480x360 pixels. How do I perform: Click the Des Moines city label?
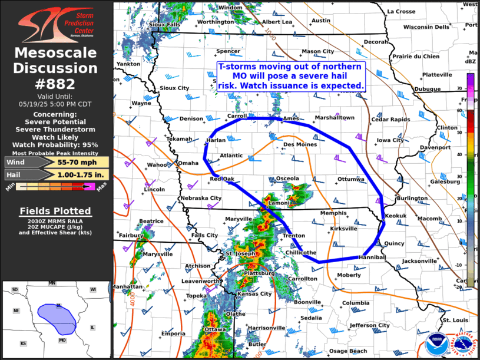pyautogui.click(x=300, y=144)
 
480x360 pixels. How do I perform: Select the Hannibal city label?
pyautogui.click(x=372, y=257)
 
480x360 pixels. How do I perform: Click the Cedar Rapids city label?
pyautogui.click(x=390, y=120)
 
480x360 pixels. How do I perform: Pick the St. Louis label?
pyautogui.click(x=455, y=320)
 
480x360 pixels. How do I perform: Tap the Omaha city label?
pyautogui.click(x=188, y=163)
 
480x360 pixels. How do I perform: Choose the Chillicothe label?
pyautogui.click(x=301, y=252)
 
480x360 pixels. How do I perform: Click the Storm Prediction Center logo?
pyautogui.click(x=56, y=22)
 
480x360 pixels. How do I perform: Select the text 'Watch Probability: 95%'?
pyautogui.click(x=56, y=144)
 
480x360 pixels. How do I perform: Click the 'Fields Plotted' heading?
pyautogui.click(x=55, y=211)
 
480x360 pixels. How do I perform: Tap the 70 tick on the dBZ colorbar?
pyautogui.click(x=475, y=88)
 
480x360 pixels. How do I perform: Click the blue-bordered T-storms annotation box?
pyautogui.click(x=291, y=76)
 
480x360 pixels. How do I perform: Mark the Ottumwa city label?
pyautogui.click(x=351, y=179)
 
